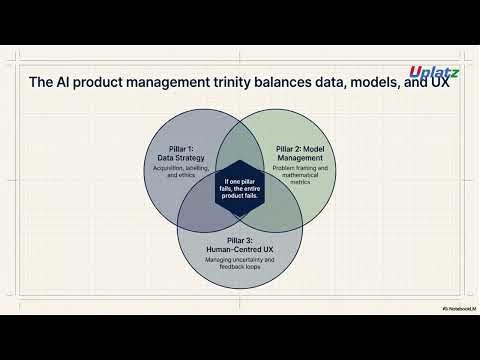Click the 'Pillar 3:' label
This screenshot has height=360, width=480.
point(239,237)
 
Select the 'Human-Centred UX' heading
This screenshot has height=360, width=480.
point(239,246)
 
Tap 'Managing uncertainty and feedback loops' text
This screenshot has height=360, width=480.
point(239,262)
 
